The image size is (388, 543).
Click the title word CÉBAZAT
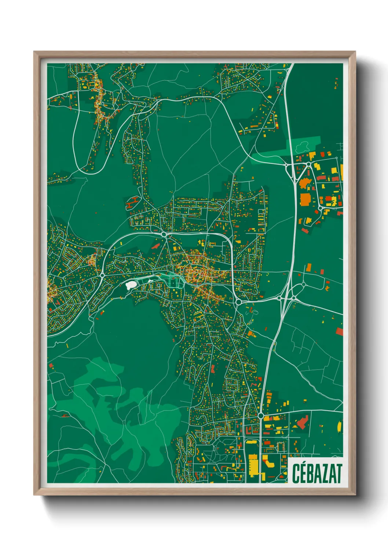pos(317,473)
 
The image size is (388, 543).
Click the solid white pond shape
pos(131,284)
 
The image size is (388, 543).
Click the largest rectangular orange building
pos(305,200)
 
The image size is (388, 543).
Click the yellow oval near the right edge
pos(339,426)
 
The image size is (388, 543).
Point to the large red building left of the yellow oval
pos(302,423)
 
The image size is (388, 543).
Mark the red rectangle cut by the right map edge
pos(339,332)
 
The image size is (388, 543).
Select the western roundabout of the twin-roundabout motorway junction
pos(279,298)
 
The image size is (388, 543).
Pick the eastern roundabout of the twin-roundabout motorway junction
pos(294,298)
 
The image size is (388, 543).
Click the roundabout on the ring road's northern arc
pos(164,234)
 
